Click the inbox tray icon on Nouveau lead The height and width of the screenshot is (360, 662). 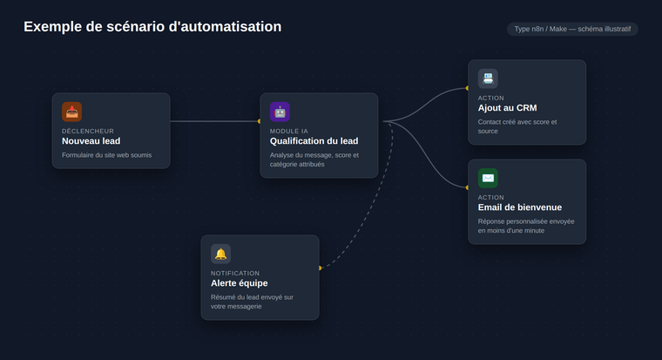click(x=71, y=112)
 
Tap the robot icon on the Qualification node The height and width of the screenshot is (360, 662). click(x=280, y=112)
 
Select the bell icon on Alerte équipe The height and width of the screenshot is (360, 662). click(x=220, y=254)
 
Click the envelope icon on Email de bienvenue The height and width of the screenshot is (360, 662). click(x=488, y=178)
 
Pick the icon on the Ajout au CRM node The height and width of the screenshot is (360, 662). click(x=488, y=78)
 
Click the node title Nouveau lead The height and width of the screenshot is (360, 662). click(x=91, y=141)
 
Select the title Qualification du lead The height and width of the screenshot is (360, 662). click(x=314, y=141)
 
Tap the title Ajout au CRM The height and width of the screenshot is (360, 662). click(x=508, y=108)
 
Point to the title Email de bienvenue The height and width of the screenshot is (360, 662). click(x=520, y=207)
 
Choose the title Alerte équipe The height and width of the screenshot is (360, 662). click(x=240, y=283)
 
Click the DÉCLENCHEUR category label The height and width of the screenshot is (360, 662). click(x=88, y=131)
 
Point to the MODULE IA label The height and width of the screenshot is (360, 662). click(x=289, y=131)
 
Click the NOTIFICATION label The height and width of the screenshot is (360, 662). click(x=235, y=274)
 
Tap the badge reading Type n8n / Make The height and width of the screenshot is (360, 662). click(x=572, y=29)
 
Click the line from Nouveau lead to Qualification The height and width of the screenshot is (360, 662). click(x=214, y=121)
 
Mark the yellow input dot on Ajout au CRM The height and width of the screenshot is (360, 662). click(x=467, y=88)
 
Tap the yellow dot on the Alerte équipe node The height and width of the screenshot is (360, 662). click(x=320, y=268)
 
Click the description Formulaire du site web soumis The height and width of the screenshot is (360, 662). click(x=107, y=155)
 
